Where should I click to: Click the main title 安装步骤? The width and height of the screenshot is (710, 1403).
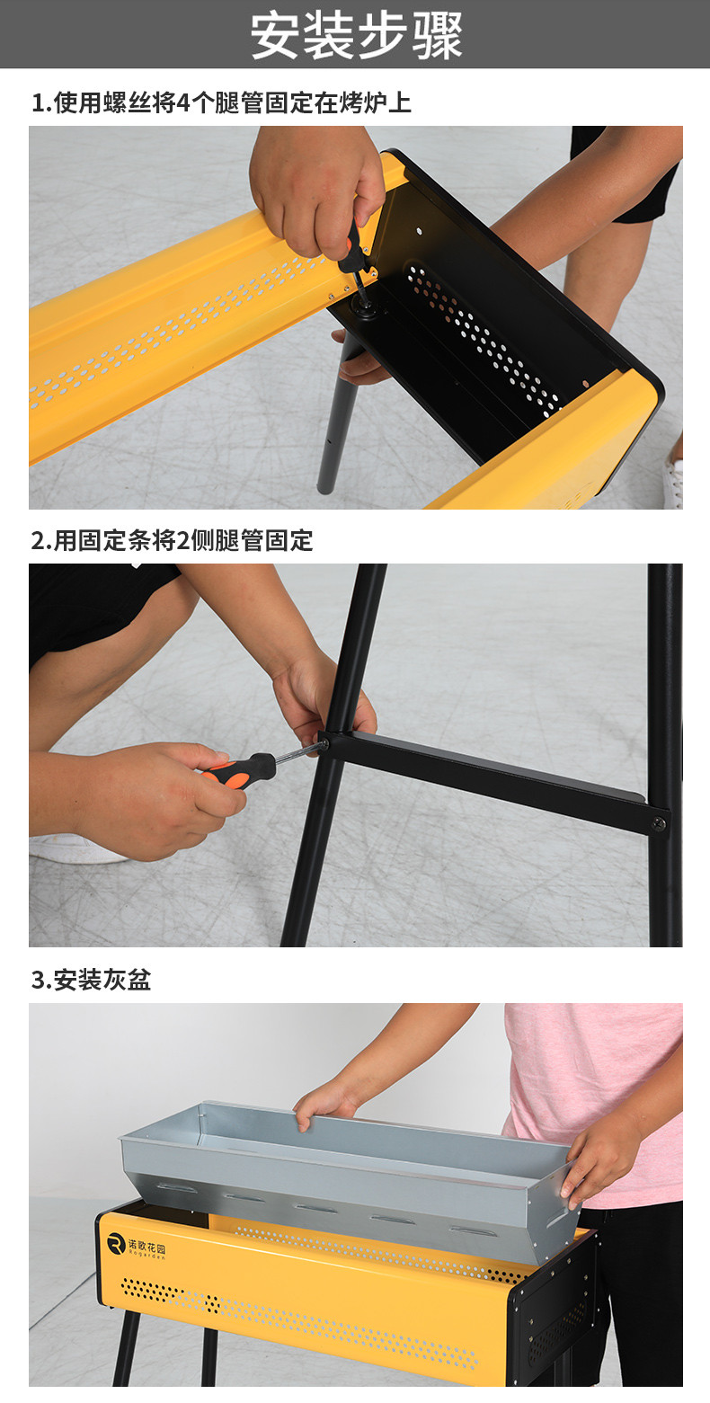click(x=356, y=35)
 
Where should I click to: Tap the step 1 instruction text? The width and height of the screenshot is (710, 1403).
click(x=221, y=102)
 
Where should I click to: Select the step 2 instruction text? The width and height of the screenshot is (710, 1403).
click(x=173, y=540)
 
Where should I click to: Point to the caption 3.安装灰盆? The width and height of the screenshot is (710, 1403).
click(x=92, y=980)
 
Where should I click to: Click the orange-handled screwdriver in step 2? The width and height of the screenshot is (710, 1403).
click(x=263, y=767)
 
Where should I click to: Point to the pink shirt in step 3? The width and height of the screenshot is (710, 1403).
click(x=601, y=1102)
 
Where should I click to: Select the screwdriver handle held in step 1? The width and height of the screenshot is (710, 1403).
click(x=351, y=247)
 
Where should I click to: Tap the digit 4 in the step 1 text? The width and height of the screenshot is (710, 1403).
click(x=182, y=103)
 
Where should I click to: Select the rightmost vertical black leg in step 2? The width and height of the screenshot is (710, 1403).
click(x=666, y=755)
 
